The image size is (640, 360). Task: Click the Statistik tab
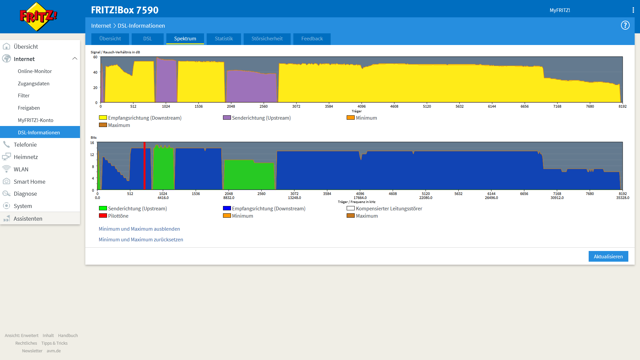pyautogui.click(x=224, y=39)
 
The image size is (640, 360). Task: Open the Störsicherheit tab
pyautogui.click(x=267, y=39)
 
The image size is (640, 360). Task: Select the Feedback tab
pyautogui.click(x=312, y=39)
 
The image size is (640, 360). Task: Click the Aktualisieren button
pyautogui.click(x=608, y=256)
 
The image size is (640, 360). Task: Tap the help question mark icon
pyautogui.click(x=625, y=25)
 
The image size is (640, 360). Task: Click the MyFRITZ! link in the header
pyautogui.click(x=560, y=10)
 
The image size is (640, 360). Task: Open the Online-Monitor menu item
pyautogui.click(x=35, y=71)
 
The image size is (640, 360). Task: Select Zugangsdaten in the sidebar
pyautogui.click(x=34, y=84)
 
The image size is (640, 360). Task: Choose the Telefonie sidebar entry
pyautogui.click(x=25, y=145)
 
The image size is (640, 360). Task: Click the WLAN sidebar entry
pyautogui.click(x=21, y=169)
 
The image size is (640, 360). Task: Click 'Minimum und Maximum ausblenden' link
pyautogui.click(x=139, y=229)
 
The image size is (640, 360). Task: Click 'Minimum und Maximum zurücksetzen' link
pyautogui.click(x=141, y=240)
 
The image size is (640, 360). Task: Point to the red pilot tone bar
pyautogui.click(x=144, y=166)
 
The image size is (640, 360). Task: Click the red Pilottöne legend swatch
pyautogui.click(x=103, y=216)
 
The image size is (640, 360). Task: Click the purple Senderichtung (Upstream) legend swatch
pyautogui.click(x=227, y=118)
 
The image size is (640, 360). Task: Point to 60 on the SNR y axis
pyautogui.click(x=95, y=57)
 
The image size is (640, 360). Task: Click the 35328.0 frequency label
pyautogui.click(x=623, y=198)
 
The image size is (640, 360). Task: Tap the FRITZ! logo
pyautogui.click(x=38, y=17)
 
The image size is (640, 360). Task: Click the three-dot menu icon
pyautogui.click(x=633, y=10)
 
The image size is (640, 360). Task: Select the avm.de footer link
pyautogui.click(x=54, y=351)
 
